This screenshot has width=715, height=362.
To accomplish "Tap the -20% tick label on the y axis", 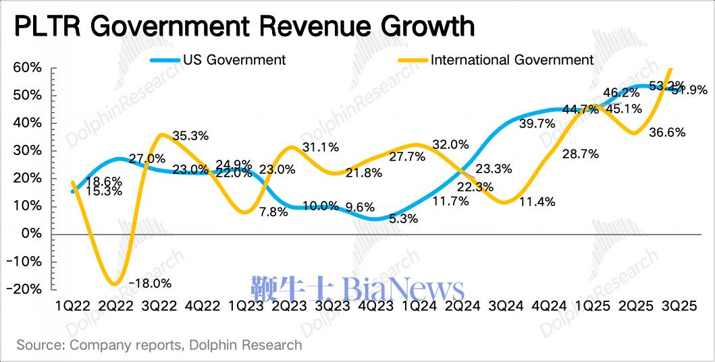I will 26,289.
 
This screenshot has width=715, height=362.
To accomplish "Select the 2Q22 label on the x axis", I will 115,305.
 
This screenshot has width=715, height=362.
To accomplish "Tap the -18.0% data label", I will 153,283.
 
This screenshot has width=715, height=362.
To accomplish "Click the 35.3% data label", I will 191,136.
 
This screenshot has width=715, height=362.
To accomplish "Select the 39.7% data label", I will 537,123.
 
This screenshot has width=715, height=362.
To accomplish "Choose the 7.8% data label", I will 273,211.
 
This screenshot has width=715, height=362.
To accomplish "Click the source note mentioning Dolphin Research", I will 159,345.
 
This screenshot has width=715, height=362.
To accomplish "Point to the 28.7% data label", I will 581,154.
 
